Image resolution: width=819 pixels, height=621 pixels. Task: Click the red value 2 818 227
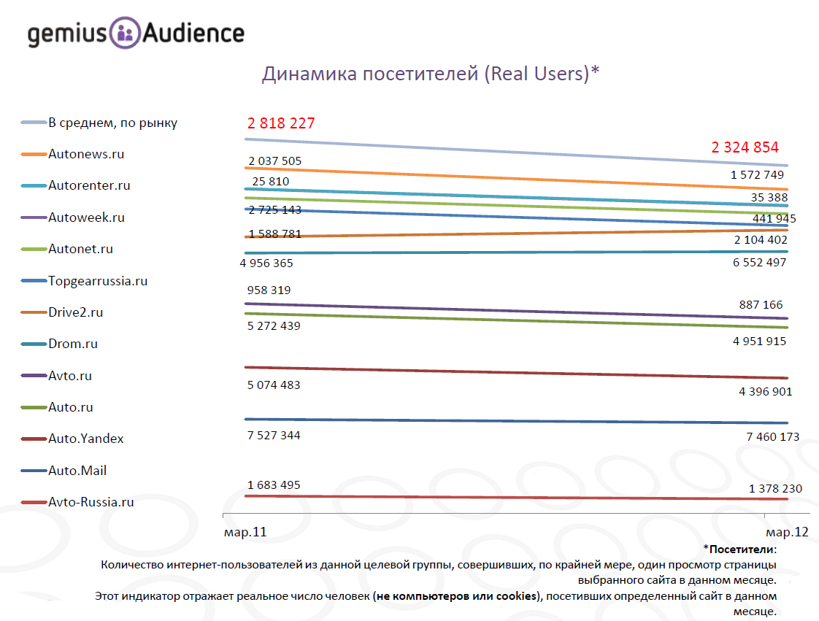pyautogui.click(x=281, y=123)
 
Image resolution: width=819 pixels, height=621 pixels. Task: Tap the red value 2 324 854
pyautogui.click(x=745, y=147)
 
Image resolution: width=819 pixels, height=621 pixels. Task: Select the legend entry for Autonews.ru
pyautogui.click(x=85, y=154)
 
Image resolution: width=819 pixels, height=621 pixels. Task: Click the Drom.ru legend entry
pyautogui.click(x=72, y=344)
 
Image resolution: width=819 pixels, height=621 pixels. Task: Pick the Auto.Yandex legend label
pyautogui.click(x=85, y=439)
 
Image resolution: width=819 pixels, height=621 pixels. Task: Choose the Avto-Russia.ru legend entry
pyautogui.click(x=91, y=502)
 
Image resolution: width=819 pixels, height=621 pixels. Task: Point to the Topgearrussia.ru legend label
pyautogui.click(x=97, y=281)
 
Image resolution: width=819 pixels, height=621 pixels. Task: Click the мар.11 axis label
pyautogui.click(x=245, y=533)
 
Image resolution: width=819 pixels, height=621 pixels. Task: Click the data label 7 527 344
pyautogui.click(x=274, y=436)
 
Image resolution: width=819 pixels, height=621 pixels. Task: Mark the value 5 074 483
pyautogui.click(x=274, y=385)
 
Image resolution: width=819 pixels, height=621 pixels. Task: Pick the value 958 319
pyautogui.click(x=269, y=290)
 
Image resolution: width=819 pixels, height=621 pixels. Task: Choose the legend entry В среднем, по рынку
pyautogui.click(x=112, y=123)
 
